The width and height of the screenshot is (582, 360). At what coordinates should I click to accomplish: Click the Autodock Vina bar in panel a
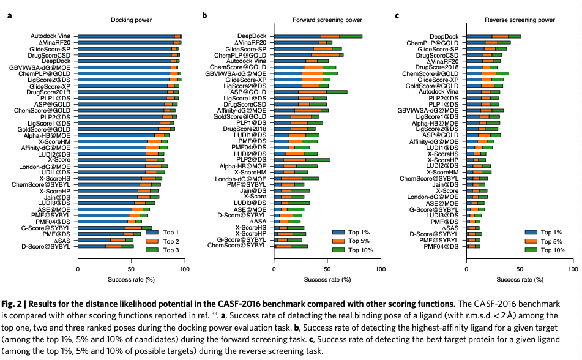(x=129, y=37)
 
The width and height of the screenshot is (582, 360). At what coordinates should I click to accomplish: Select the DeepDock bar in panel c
(x=494, y=37)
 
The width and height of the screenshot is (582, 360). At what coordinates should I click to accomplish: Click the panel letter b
(x=204, y=15)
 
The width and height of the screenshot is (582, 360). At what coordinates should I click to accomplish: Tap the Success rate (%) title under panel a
(x=129, y=279)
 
